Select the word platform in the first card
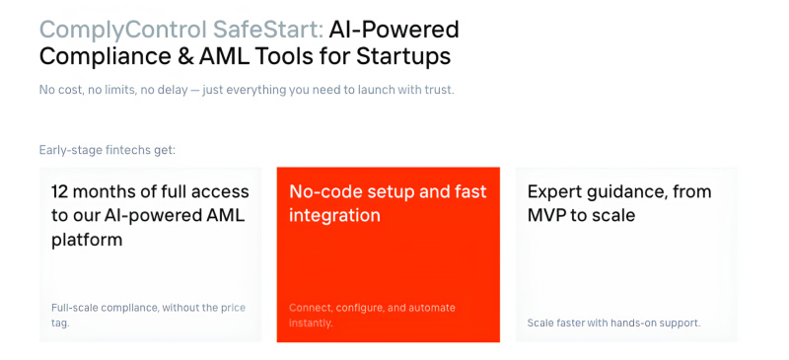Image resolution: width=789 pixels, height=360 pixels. click(x=87, y=240)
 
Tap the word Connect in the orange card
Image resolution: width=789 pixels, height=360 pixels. click(x=312, y=308)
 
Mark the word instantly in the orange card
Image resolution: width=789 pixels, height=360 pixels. click(x=310, y=323)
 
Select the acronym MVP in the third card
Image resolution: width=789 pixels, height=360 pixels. click(x=548, y=215)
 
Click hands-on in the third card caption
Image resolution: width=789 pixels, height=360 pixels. click(x=630, y=323)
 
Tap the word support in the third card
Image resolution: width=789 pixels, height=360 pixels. click(x=680, y=323)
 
